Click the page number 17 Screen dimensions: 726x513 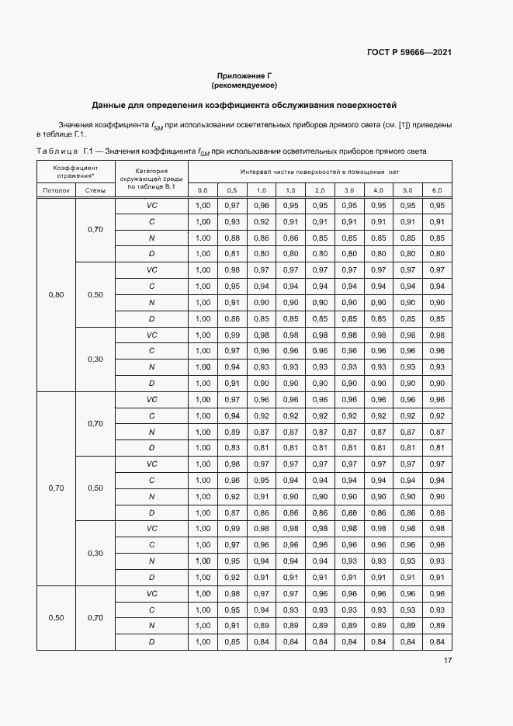[x=447, y=661]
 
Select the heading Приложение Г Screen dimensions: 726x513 [x=244, y=75]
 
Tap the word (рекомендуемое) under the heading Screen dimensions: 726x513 [x=244, y=85]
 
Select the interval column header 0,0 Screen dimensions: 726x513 [x=203, y=190]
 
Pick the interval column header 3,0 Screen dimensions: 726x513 [x=348, y=190]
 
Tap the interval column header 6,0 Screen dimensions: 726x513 [x=436, y=190]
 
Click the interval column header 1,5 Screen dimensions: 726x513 [x=290, y=190]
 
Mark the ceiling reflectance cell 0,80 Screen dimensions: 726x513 [x=56, y=294]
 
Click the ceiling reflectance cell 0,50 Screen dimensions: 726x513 [x=56, y=617]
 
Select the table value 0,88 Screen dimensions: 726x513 [x=232, y=238]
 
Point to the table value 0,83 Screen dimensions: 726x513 [x=232, y=448]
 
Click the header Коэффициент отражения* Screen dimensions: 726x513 [x=75, y=172]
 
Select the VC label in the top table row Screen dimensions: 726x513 [x=151, y=206]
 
